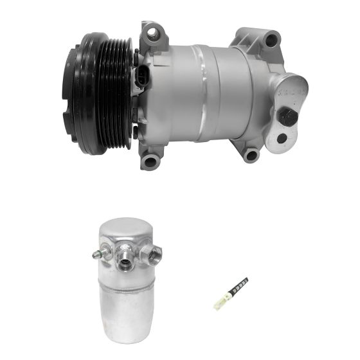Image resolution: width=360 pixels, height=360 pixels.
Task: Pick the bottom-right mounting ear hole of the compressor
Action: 251,154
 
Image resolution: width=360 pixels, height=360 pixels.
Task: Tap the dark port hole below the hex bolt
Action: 282,138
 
